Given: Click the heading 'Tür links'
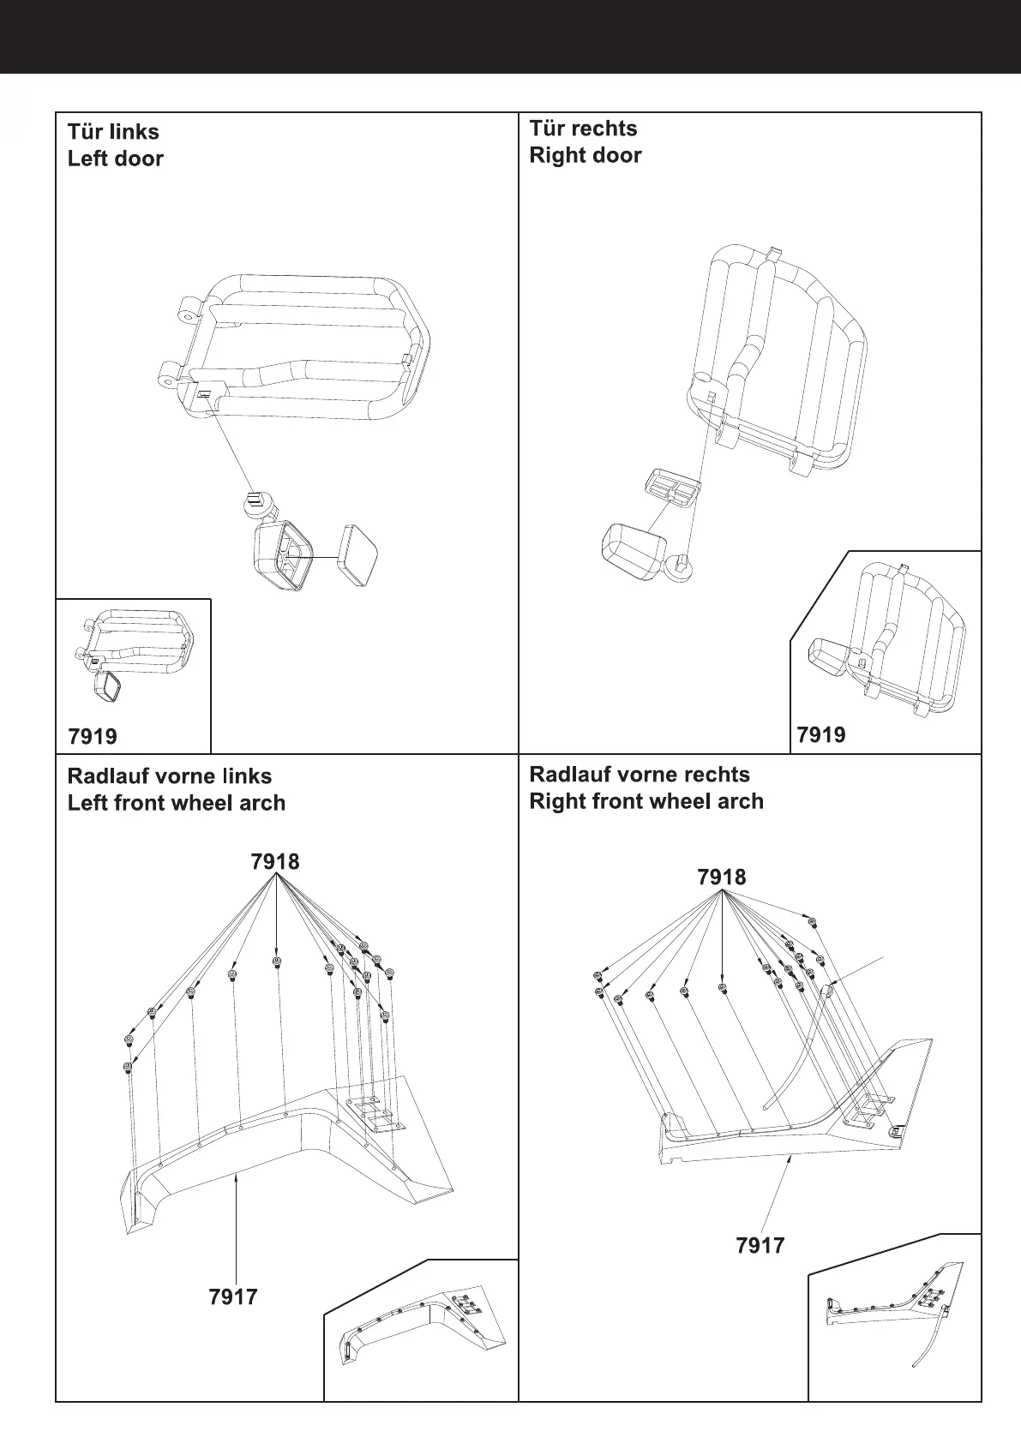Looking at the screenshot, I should point(113,132).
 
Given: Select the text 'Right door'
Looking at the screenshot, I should point(585,155).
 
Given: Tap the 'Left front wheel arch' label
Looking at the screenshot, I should point(176,803).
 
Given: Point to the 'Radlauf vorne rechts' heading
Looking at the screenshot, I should point(640,775).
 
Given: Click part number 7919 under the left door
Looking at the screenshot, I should point(93,736).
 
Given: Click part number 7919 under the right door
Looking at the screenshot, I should point(820,734).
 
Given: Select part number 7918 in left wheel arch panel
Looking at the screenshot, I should point(275,861).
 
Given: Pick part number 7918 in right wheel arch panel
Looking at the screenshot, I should point(722,877).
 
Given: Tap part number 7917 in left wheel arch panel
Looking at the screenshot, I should point(233,1296).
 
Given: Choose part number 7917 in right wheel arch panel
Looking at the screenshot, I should point(760,1245).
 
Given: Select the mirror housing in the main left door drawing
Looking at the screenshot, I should point(281,558).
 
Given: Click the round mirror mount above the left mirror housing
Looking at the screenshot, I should point(255,505).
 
